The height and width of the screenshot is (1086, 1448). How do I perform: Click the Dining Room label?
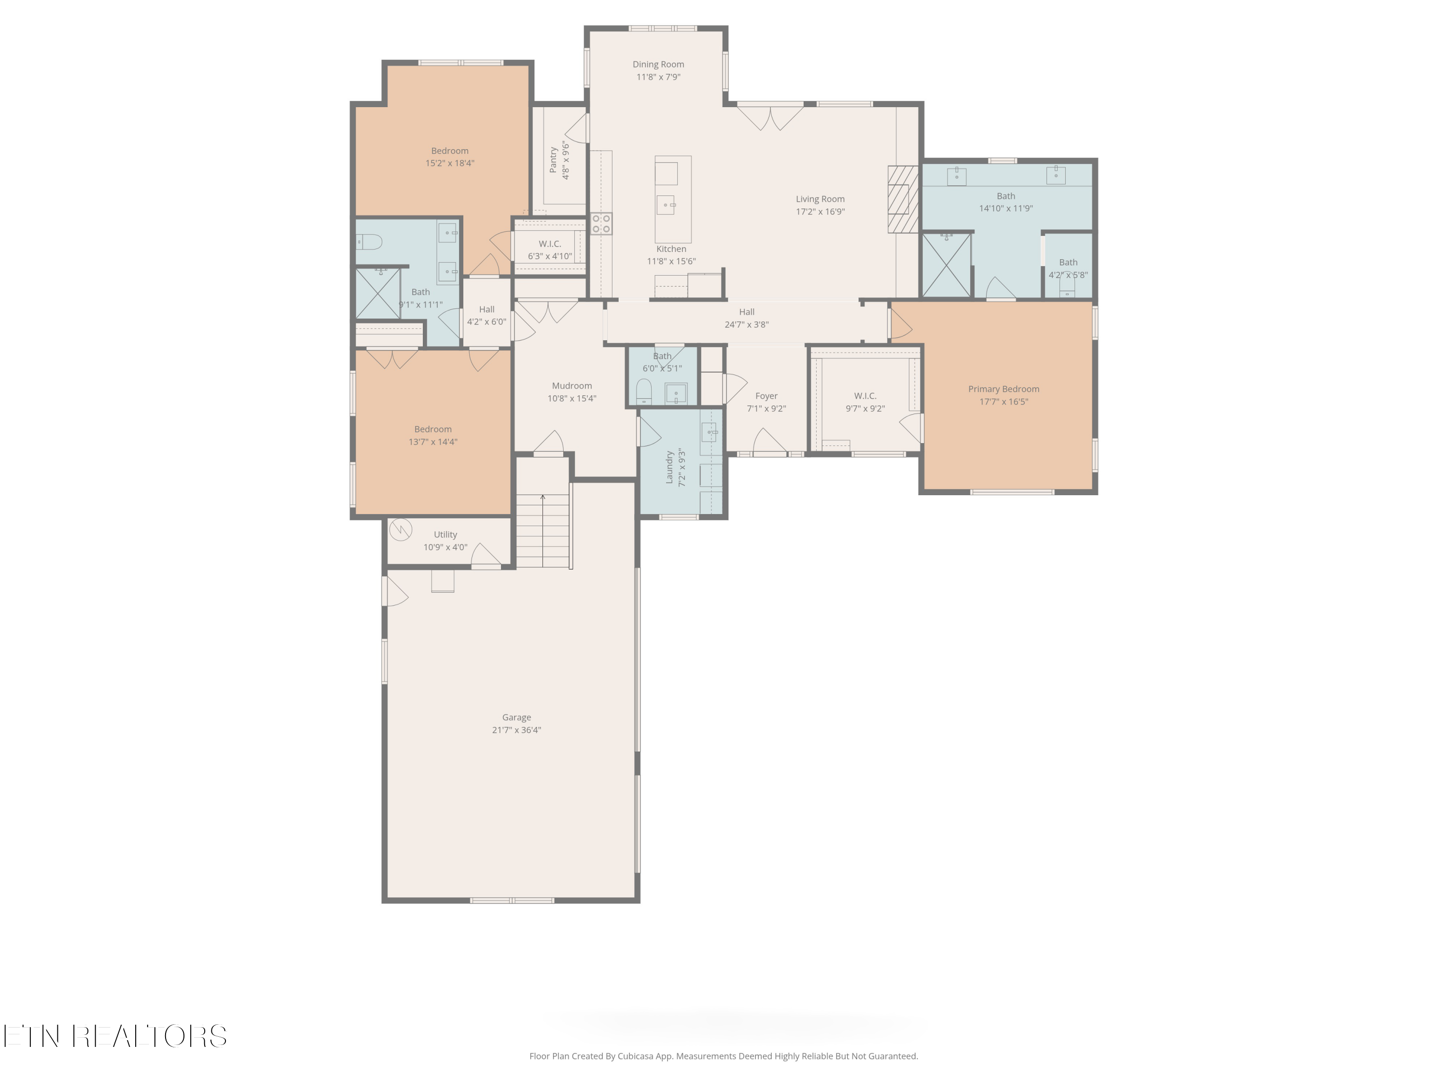click(x=658, y=64)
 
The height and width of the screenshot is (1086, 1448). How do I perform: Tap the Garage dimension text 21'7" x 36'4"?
click(x=516, y=730)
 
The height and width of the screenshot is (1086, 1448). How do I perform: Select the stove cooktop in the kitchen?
click(x=601, y=224)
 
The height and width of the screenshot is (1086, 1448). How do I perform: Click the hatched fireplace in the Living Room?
click(x=903, y=199)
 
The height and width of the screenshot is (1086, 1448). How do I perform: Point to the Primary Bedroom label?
click(x=1003, y=389)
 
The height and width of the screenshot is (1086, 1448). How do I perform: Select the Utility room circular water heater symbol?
click(x=400, y=529)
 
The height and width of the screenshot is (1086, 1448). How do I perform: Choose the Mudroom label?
click(x=571, y=386)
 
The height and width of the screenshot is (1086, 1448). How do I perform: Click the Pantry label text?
click(x=554, y=160)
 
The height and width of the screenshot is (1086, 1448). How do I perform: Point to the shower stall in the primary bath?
click(x=946, y=265)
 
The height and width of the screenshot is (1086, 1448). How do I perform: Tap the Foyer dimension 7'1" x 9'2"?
click(x=766, y=408)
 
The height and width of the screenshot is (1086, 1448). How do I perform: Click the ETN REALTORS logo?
click(x=115, y=1036)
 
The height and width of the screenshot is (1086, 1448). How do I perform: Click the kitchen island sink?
click(x=666, y=205)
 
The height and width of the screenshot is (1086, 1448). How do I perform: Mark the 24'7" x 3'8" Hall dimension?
click(x=746, y=325)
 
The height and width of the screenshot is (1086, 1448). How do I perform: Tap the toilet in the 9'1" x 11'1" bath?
click(x=369, y=242)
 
